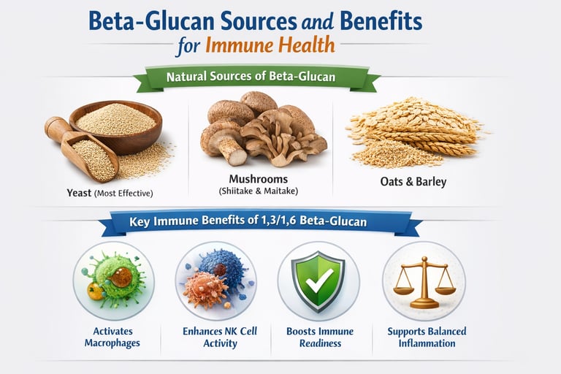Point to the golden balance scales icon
click(424, 281)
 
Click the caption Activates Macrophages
click(113, 337)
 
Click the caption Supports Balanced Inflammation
click(427, 337)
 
